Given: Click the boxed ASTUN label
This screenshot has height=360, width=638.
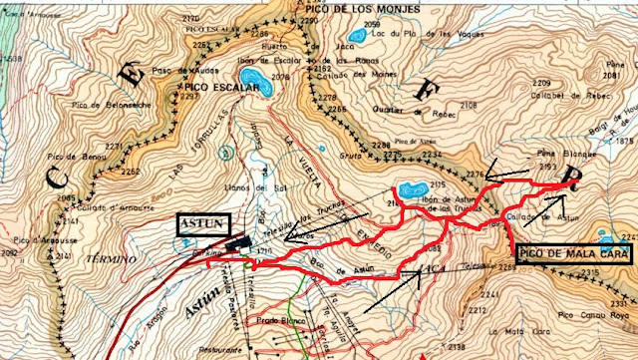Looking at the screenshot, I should point(205,224).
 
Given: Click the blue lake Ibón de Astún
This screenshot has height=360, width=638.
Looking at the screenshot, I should point(411,188).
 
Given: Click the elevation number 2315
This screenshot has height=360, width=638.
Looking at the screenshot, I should point(592,272).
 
